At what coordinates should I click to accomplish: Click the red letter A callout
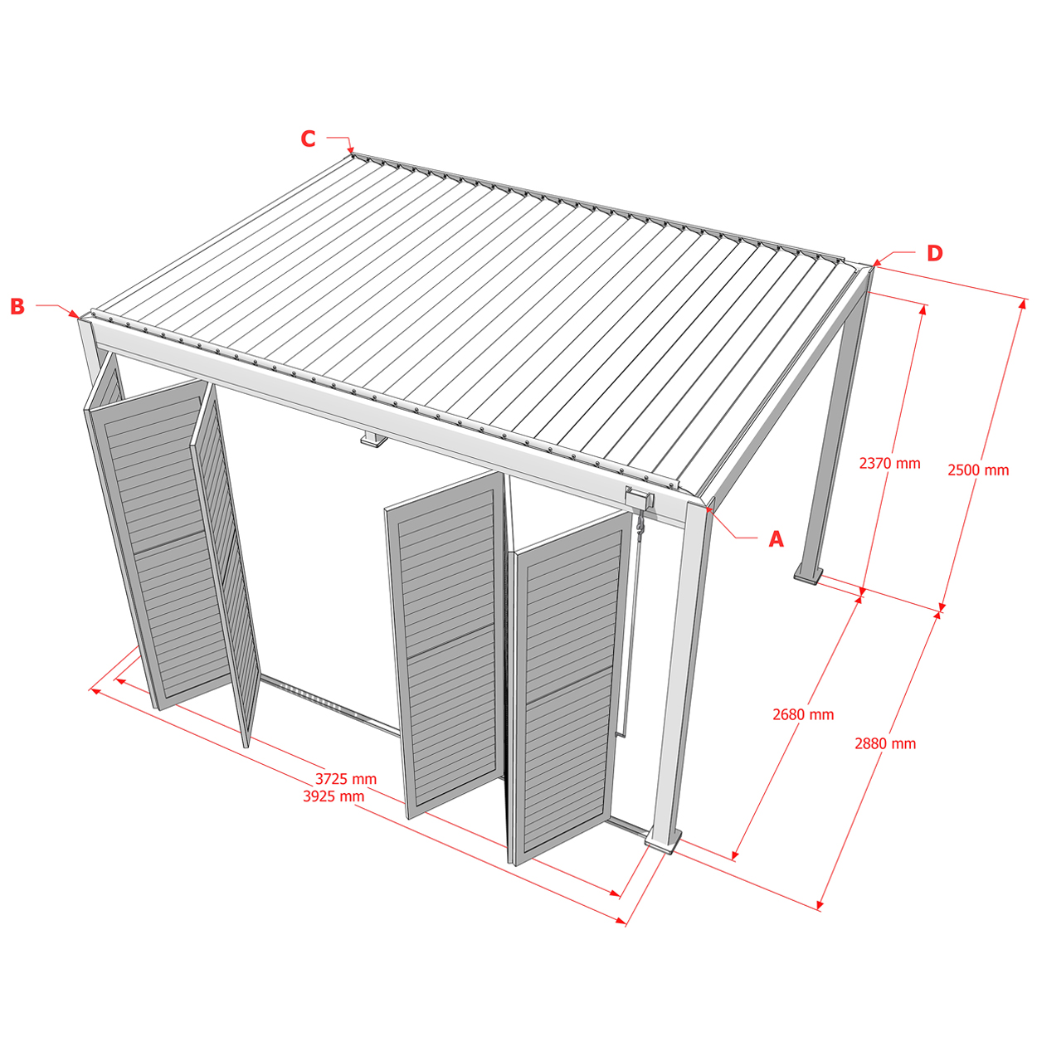(776, 538)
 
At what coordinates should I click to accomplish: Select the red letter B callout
(17, 306)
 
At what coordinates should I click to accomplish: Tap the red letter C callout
(308, 139)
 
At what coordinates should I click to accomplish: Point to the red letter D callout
(935, 254)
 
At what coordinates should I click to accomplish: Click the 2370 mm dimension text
(889, 464)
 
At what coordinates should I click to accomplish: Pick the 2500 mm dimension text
(978, 470)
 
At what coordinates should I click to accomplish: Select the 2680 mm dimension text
(803, 714)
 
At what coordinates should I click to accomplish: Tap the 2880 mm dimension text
(885, 743)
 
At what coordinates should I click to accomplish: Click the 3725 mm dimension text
(346, 779)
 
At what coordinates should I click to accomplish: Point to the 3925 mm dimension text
(333, 796)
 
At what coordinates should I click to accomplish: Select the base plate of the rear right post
(808, 575)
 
